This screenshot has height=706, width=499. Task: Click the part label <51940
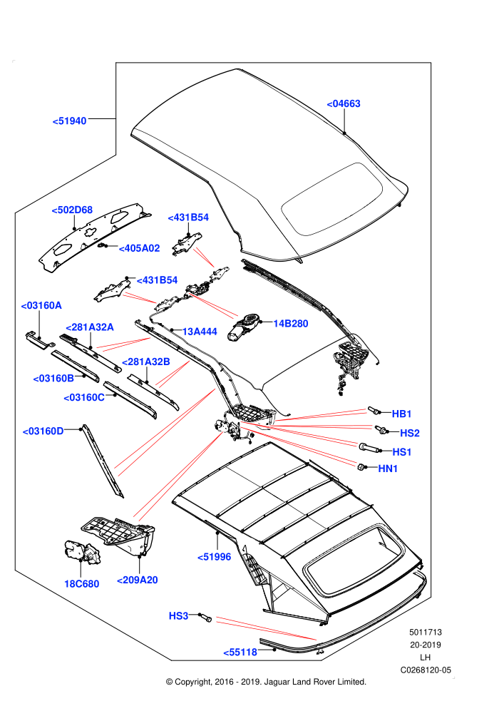[69, 121]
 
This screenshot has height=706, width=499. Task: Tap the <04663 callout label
[344, 103]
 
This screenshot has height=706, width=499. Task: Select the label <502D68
[72, 210]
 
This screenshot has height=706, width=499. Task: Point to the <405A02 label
[139, 248]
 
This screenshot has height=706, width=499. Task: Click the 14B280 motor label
[291, 323]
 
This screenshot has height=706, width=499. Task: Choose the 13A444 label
[200, 332]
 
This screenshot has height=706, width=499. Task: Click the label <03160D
[43, 431]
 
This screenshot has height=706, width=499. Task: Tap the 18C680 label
[81, 583]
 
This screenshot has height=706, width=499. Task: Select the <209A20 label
[138, 580]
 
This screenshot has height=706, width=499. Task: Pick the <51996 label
[214, 557]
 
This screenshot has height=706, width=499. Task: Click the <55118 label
[240, 652]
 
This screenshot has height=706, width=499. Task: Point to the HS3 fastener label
[178, 615]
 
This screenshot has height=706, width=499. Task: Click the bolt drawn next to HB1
[373, 410]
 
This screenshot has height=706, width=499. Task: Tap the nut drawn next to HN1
[361, 467]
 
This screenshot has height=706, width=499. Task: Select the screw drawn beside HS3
[205, 617]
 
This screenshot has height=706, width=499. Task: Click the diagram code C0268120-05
[425, 670]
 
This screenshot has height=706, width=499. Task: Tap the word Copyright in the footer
[193, 682]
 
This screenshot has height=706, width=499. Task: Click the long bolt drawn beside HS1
[368, 447]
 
